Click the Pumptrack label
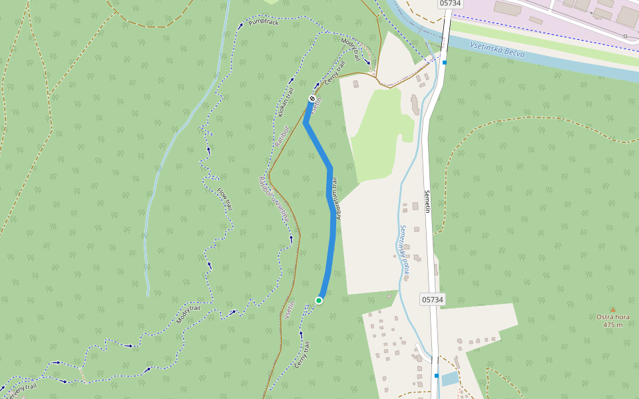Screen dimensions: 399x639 pos(263,22)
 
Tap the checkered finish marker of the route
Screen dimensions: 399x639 pos(312,98)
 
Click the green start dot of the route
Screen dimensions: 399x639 pos(319,301)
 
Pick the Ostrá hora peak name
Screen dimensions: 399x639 pos(613,317)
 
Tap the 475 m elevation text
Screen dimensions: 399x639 pos(613,325)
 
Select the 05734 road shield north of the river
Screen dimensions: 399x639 pos(451,3)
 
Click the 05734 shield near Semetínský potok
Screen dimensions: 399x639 pos(432,300)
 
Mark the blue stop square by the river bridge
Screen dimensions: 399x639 pos(445,63)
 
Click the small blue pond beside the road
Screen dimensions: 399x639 pos(449,379)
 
